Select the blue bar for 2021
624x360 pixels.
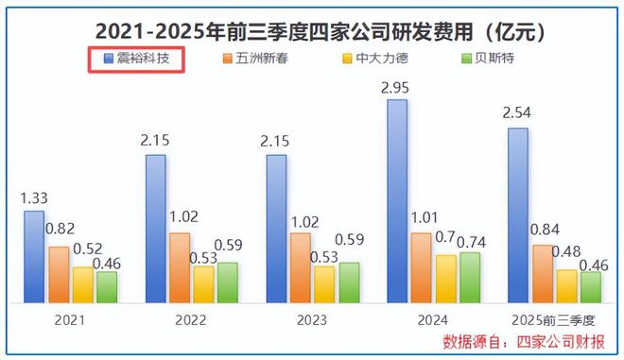click(x=34, y=256)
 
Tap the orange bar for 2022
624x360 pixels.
click(x=179, y=267)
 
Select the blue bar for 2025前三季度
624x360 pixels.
click(x=518, y=214)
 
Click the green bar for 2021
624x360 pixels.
click(x=107, y=286)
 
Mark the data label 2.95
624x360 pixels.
click(x=397, y=87)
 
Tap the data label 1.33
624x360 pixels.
click(x=34, y=198)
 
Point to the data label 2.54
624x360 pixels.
click(x=518, y=115)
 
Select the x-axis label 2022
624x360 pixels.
click(x=191, y=319)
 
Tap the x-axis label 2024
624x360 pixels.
click(x=433, y=319)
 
